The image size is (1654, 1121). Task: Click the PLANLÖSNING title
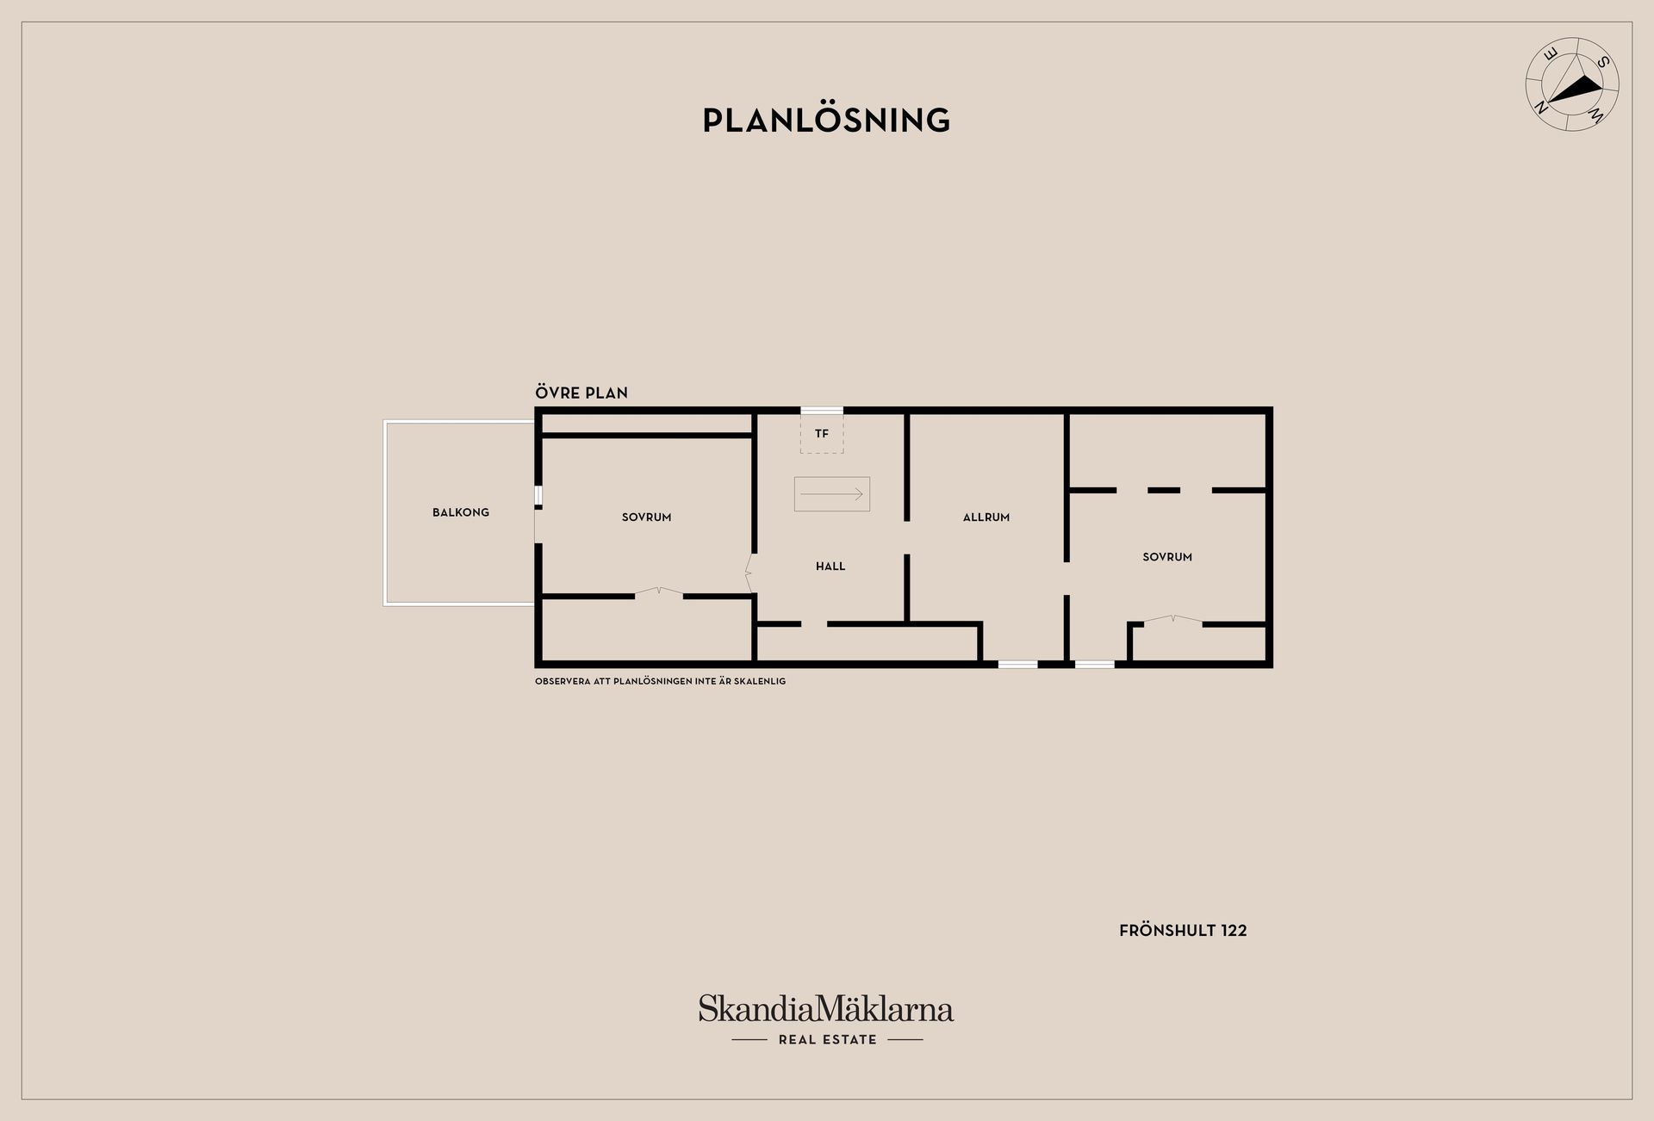click(826, 120)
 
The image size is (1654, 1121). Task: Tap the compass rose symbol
click(1572, 84)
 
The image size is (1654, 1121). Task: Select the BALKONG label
click(461, 512)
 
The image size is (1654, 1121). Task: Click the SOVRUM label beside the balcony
click(646, 517)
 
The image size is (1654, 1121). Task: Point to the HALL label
click(830, 567)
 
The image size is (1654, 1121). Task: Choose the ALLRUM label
click(986, 517)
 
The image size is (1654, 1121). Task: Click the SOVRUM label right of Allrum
click(1167, 557)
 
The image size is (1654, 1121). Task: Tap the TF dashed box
click(822, 433)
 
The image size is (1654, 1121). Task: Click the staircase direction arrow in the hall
click(831, 494)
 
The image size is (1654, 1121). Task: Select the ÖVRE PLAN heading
click(581, 393)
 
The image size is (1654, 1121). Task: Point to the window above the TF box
click(822, 411)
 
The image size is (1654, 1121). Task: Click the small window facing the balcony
click(538, 496)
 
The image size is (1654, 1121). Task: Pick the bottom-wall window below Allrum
click(1018, 664)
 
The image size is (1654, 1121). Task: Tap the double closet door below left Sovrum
click(659, 592)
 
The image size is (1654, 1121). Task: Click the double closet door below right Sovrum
click(1172, 620)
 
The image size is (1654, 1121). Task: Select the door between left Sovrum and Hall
click(749, 573)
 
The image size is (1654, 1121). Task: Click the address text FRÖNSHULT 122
click(1183, 931)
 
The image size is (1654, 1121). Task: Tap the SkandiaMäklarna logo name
click(826, 1008)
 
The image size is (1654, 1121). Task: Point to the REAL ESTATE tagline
click(827, 1040)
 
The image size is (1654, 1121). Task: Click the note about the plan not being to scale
click(660, 681)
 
